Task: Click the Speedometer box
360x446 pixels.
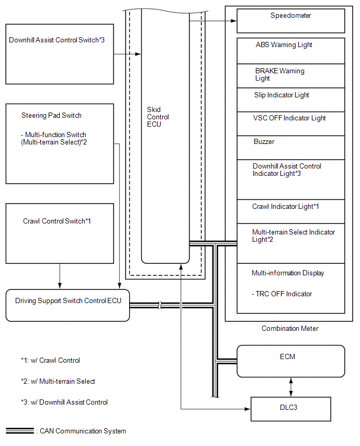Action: click(290, 21)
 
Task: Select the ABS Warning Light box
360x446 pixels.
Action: click(290, 51)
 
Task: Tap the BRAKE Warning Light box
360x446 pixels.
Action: click(290, 76)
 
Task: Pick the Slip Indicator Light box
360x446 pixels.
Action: click(290, 100)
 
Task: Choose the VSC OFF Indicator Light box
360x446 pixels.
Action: click(290, 124)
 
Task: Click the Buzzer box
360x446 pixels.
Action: click(290, 148)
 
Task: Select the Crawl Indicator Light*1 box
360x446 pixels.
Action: click(290, 211)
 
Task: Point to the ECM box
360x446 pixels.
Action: click(290, 361)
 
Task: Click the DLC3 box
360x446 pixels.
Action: click(290, 409)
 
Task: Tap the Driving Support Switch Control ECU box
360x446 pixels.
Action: click(67, 306)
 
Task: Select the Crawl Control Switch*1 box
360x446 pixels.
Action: click(60, 233)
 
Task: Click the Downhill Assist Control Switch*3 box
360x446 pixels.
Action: click(60, 54)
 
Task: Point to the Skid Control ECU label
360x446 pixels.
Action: click(158, 117)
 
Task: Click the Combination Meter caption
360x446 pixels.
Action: click(290, 329)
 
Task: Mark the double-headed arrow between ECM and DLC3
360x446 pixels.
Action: click(290, 387)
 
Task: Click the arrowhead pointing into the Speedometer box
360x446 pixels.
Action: click(234, 21)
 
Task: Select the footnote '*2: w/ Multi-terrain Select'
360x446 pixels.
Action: click(58, 381)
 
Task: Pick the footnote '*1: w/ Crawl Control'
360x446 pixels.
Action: click(50, 360)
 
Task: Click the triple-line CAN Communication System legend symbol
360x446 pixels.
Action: click(19, 431)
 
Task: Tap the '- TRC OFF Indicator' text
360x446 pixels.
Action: click(282, 294)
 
